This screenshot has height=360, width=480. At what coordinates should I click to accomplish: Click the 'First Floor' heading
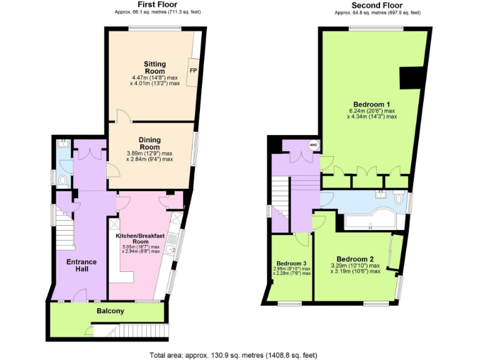[149, 4]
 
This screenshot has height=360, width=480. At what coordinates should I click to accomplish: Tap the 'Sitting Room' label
[155, 67]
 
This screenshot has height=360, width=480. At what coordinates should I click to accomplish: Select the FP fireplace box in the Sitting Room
[193, 70]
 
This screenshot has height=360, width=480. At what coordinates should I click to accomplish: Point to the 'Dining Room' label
[149, 143]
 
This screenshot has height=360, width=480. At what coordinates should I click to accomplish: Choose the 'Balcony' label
[110, 311]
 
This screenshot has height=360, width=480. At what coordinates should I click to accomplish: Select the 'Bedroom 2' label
[355, 259]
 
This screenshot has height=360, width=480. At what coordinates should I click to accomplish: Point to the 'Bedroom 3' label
[291, 263]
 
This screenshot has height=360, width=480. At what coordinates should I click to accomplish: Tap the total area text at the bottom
[233, 355]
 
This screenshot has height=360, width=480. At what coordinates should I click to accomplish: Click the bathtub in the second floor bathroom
[369, 219]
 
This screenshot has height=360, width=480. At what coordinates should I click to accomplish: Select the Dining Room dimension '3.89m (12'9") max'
[149, 153]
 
